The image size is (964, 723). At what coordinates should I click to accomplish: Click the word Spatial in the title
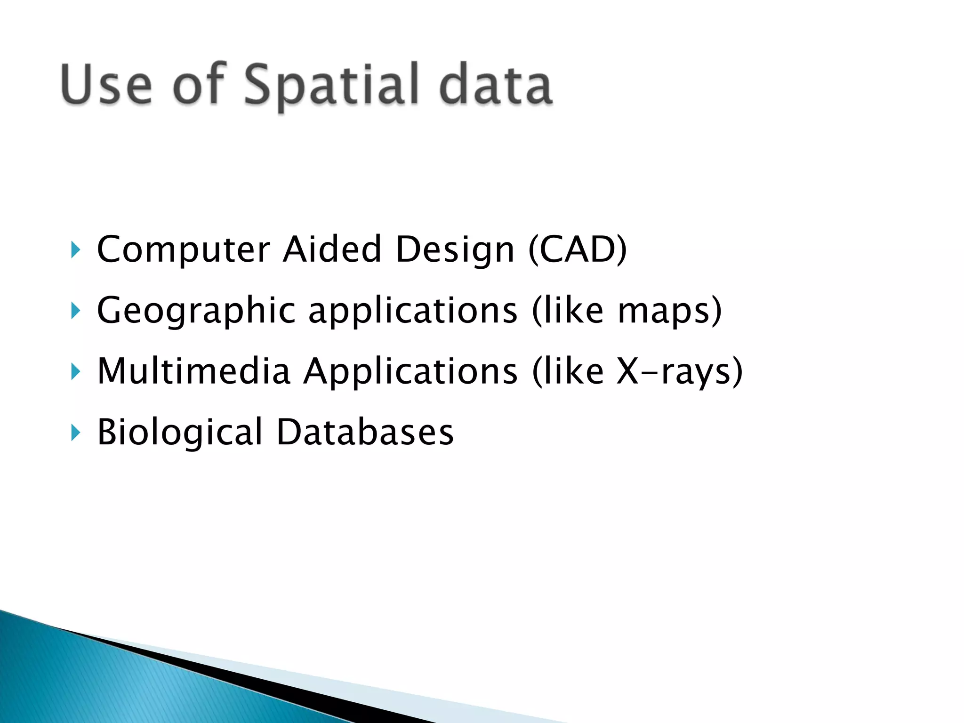tap(331, 85)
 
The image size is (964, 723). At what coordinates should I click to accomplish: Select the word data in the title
tap(495, 85)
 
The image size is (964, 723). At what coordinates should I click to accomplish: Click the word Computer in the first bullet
tap(184, 249)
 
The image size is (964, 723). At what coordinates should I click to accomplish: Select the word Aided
tap(332, 249)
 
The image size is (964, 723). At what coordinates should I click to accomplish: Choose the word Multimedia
tap(193, 372)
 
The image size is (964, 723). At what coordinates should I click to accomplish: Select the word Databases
tap(365, 432)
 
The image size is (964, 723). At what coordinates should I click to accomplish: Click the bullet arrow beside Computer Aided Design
tap(75, 250)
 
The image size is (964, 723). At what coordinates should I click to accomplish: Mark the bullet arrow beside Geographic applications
tap(75, 311)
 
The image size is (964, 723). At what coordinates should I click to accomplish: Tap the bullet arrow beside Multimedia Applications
tap(75, 371)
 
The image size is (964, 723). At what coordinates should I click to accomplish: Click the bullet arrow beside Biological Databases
tap(75, 432)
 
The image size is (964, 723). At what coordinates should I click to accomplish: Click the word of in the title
tap(198, 85)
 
